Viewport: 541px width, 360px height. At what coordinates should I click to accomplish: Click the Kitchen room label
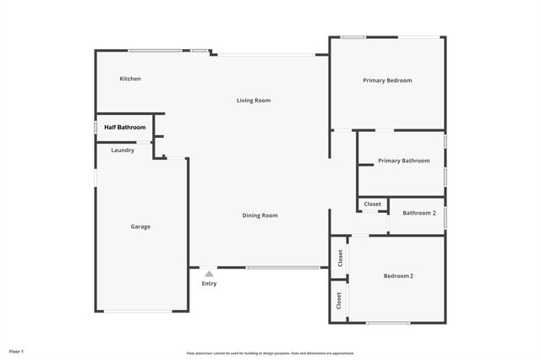pos(130,79)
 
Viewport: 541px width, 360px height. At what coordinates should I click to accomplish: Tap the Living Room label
pos(253,101)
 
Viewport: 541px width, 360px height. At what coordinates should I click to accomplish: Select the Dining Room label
pos(260,215)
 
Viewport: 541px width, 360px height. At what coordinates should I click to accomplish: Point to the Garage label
pos(140,226)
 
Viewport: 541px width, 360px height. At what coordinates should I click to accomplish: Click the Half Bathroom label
pos(125,128)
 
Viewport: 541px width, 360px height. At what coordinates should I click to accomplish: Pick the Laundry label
pos(123,150)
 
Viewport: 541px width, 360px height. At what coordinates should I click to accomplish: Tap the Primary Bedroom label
pos(387,80)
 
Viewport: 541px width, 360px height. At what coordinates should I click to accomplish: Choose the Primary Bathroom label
pos(403,161)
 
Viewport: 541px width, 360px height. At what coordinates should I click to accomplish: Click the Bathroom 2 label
pos(418,213)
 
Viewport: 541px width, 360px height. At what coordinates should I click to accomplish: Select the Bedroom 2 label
pos(398,275)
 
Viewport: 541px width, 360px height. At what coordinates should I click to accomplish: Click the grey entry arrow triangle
pos(209,274)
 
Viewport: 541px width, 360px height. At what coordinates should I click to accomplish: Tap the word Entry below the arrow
pos(209,284)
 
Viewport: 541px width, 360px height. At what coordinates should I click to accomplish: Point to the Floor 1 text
pos(17,350)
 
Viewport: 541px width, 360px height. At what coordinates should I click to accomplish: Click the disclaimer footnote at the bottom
pos(270,353)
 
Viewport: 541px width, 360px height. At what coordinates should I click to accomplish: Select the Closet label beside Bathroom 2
pos(373,204)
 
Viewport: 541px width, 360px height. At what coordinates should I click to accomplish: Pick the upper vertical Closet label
pos(339,259)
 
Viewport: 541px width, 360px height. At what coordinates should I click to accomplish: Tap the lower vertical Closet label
pos(339,300)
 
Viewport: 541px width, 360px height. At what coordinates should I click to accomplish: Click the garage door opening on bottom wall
pos(139,312)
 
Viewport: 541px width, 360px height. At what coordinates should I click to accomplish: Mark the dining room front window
pos(282,268)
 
